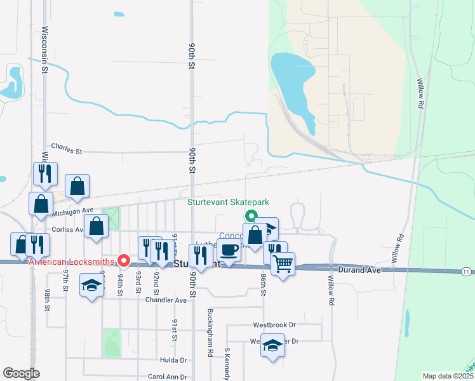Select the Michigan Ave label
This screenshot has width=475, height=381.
tap(74, 210)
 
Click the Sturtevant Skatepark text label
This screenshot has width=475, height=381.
tap(228, 203)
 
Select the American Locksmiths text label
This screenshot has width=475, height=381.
tap(71, 261)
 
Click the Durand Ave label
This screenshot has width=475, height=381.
tap(359, 270)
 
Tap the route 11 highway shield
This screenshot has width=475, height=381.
tap(467, 272)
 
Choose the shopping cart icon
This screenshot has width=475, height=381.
tap(283, 262)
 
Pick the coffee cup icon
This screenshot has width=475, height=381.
tap(229, 250)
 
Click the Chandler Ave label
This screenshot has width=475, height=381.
tap(166, 300)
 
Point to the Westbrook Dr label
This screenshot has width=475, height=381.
tap(274, 324)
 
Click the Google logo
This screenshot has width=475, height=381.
tap(21, 373)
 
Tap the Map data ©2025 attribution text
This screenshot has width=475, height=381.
tap(448, 376)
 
